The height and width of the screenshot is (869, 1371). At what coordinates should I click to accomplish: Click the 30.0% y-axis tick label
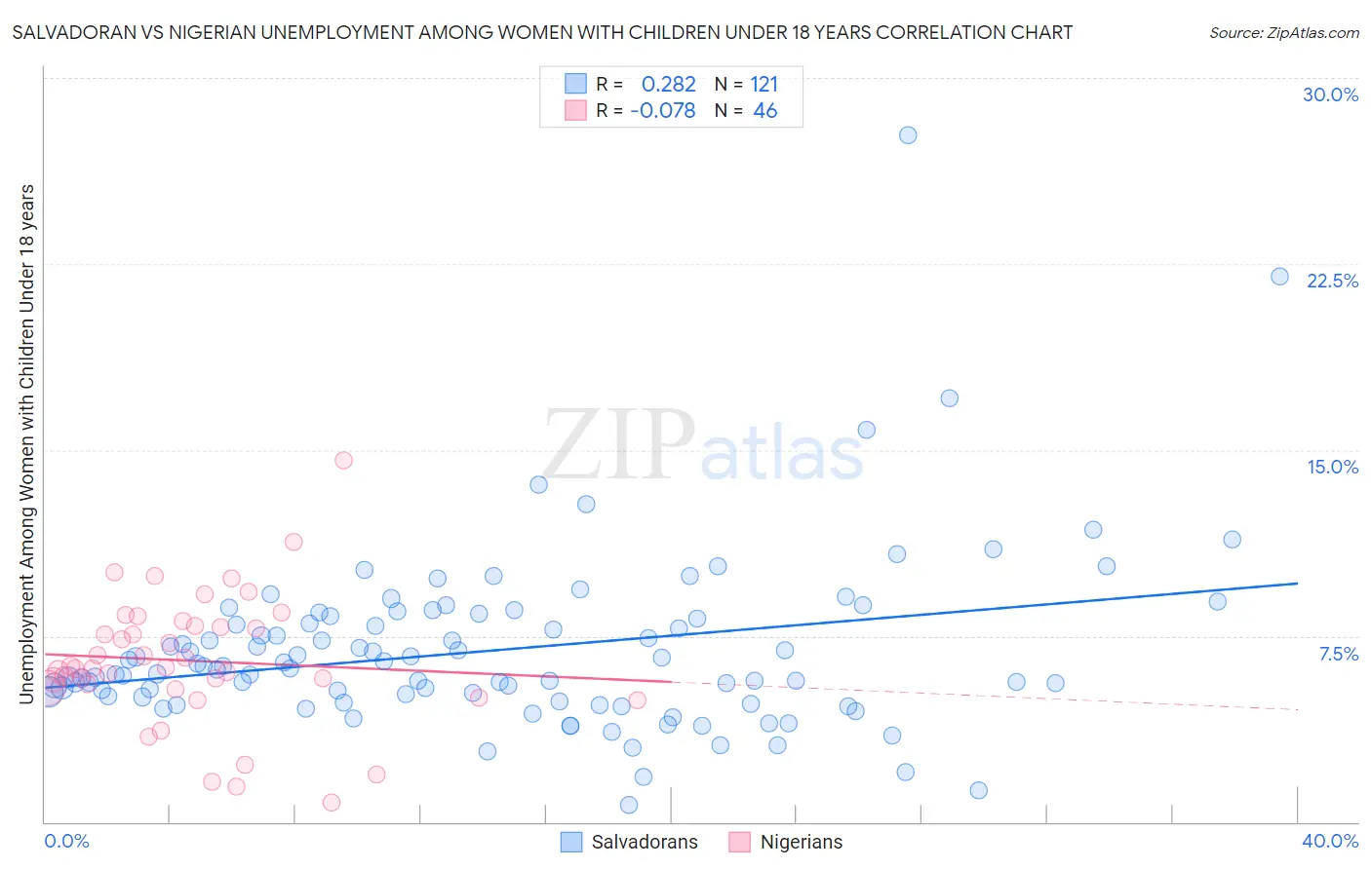point(1330,94)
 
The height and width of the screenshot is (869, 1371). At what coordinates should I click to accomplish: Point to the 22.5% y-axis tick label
point(1332,281)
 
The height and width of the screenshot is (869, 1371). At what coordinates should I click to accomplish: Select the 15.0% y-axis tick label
point(1332,467)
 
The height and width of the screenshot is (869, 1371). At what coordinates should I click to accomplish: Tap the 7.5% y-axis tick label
point(1338,654)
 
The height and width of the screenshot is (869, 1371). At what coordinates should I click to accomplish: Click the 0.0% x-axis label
point(66,841)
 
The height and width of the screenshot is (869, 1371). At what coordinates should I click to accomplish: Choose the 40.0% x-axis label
point(1329,841)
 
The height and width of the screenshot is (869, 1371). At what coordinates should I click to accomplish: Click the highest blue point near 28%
point(908,135)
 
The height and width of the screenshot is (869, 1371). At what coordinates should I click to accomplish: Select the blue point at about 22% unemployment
point(1279,277)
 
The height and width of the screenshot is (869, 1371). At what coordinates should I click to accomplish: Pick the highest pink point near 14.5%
point(343,460)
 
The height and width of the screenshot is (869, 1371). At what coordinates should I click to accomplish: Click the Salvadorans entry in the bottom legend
point(644,842)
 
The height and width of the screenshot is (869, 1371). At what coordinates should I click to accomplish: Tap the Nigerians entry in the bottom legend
point(801,842)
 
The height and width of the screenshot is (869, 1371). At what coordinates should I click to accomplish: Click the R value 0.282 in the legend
point(668,84)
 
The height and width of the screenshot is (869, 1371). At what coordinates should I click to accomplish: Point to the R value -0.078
point(663,111)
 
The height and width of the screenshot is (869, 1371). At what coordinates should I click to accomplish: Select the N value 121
point(764,84)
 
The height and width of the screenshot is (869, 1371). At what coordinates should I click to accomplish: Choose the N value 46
point(764,111)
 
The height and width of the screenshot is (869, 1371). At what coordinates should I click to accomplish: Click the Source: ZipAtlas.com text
point(1283,32)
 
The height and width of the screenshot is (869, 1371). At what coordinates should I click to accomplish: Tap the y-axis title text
point(26,443)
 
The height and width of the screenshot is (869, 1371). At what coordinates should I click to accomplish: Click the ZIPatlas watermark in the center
point(702,446)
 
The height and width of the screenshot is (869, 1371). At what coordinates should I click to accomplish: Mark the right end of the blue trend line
point(1297,583)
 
